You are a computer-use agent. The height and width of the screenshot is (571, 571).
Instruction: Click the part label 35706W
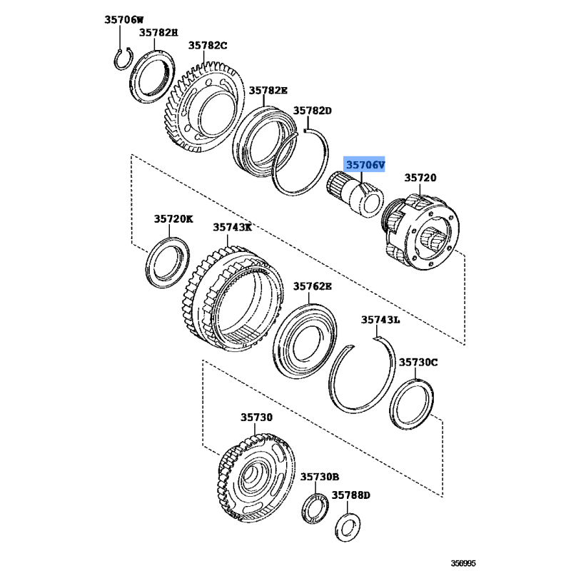[x=123, y=20]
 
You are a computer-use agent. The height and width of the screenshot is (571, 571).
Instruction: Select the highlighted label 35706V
[x=365, y=166]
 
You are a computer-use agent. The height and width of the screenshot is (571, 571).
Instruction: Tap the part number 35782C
[x=208, y=46]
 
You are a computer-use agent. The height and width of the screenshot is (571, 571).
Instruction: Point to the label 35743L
[x=380, y=320]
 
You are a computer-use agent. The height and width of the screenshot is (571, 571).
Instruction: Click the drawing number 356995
[x=463, y=563]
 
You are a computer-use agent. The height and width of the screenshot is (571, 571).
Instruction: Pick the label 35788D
[x=350, y=495]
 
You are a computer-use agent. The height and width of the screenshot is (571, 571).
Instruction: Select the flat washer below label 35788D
[x=348, y=527]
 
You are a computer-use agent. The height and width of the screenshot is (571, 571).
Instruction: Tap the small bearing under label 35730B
[x=315, y=508]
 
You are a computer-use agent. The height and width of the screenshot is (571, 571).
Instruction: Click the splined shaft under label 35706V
[x=355, y=193]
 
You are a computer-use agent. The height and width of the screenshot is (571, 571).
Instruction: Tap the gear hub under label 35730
[x=258, y=478]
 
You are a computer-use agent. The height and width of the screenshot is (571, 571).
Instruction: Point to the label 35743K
[x=233, y=227]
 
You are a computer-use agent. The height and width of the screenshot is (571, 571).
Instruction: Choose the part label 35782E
[x=268, y=91]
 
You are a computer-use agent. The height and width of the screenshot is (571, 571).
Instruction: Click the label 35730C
[x=418, y=363]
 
